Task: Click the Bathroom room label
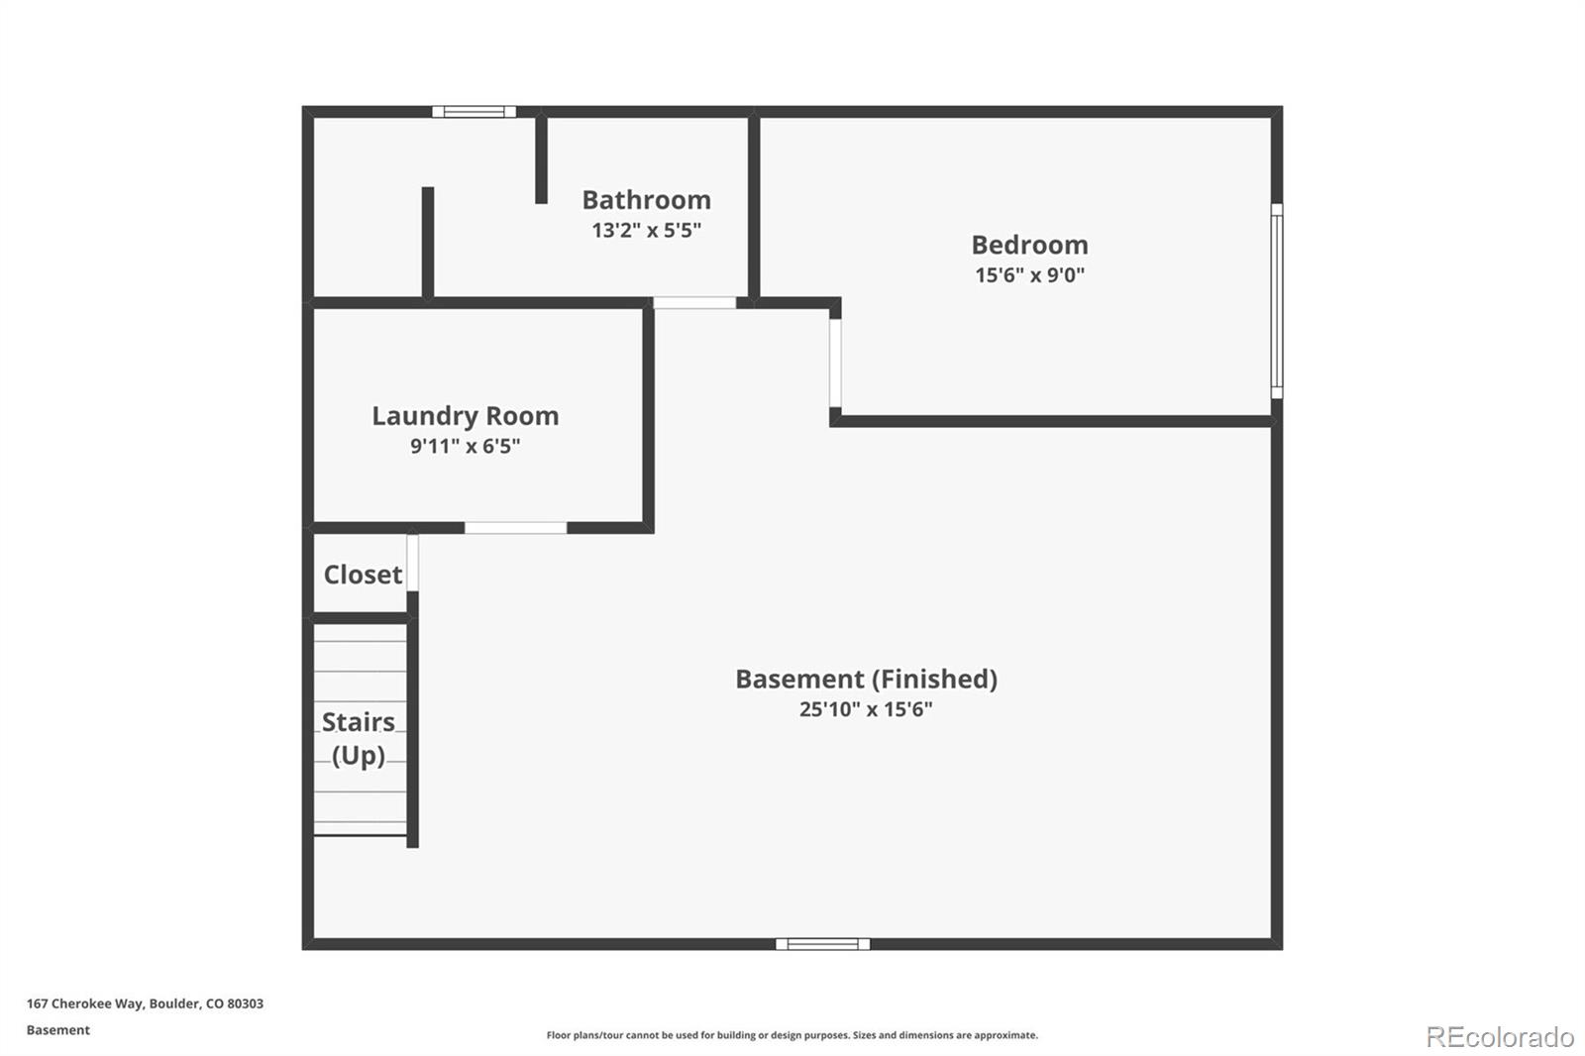click(646, 200)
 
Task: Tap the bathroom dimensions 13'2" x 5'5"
click(646, 231)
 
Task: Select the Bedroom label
click(1029, 245)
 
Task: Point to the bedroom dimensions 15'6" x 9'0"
click(1029, 275)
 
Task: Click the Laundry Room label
click(465, 416)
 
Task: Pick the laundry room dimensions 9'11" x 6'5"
click(465, 447)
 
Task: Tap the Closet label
click(363, 575)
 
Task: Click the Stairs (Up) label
click(359, 738)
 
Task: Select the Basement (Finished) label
click(866, 679)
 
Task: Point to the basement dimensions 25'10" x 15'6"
click(866, 709)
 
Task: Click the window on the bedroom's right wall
click(1277, 301)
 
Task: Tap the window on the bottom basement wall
click(822, 944)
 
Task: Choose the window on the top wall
click(474, 112)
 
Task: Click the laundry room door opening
click(515, 528)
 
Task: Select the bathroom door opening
click(694, 302)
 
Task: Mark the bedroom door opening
click(835, 363)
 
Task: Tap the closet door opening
click(412, 563)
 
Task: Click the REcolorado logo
click(1500, 1037)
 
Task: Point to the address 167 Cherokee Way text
click(145, 1003)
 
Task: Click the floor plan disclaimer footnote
click(792, 1035)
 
